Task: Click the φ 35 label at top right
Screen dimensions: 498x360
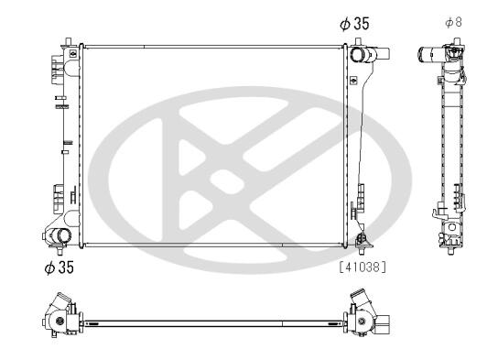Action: point(354,24)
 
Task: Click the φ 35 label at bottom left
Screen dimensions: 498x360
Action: point(60,267)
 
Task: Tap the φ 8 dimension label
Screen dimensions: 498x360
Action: point(453,22)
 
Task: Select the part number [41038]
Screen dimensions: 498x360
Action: point(363,267)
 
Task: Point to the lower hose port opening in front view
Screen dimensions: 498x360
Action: point(64,235)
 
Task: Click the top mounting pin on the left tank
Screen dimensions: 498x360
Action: point(69,42)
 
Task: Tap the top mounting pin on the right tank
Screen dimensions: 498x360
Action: point(358,42)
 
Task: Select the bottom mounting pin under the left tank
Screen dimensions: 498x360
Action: point(60,250)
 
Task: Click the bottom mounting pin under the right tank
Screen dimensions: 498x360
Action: point(361,250)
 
